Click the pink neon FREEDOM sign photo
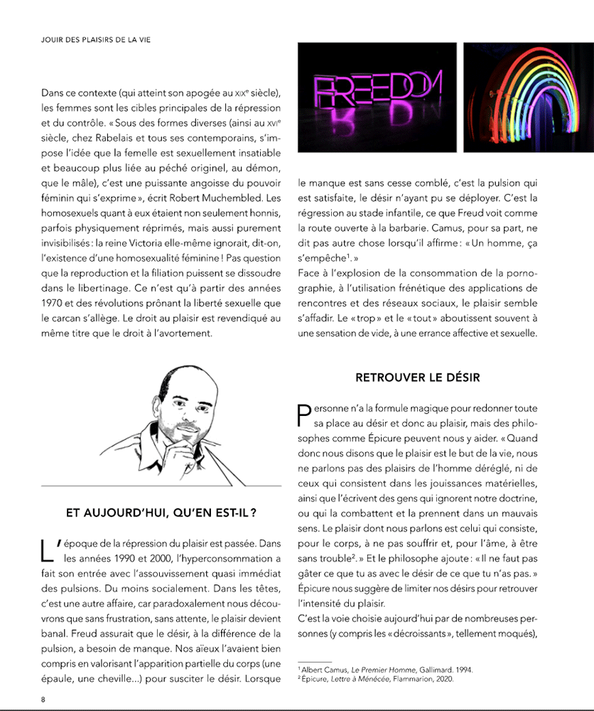tap(376, 97)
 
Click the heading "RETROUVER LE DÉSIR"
tap(417, 378)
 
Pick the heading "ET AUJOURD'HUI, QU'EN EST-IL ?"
tap(161, 512)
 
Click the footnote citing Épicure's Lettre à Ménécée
tap(377, 680)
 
